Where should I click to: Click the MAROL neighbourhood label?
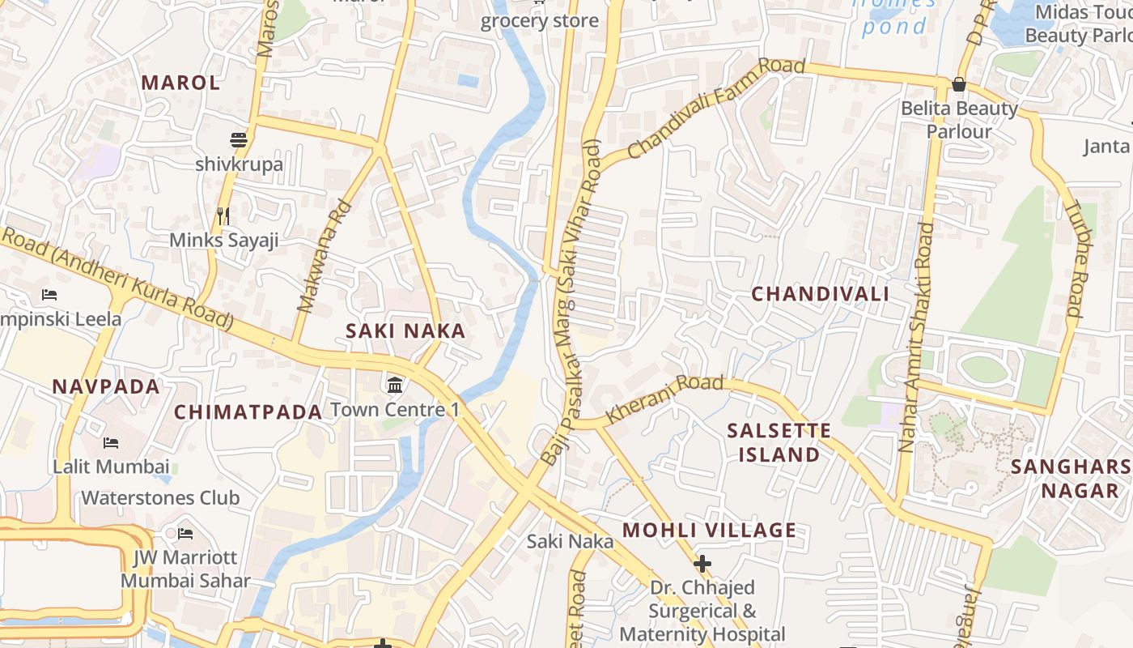[x=180, y=83]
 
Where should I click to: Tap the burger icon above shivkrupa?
[x=239, y=140]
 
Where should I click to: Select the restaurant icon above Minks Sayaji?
[x=224, y=216]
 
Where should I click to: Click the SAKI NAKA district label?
[x=405, y=330]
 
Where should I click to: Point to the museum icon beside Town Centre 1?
[x=395, y=384]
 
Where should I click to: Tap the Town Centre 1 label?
[x=395, y=409]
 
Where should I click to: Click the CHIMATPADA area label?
[x=248, y=411]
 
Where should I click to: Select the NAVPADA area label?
[x=106, y=386]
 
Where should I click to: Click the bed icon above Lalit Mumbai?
[x=111, y=443]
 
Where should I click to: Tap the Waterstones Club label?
[x=160, y=497]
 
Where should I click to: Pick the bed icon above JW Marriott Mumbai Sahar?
[x=185, y=534]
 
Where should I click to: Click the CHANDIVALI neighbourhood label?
[x=821, y=294]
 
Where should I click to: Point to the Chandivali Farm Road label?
[x=715, y=108]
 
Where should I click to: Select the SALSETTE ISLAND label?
[x=779, y=442]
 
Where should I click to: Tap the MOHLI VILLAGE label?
[x=709, y=531]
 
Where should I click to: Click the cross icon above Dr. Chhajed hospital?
[x=702, y=563]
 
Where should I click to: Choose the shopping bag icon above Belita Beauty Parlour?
[x=959, y=84]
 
